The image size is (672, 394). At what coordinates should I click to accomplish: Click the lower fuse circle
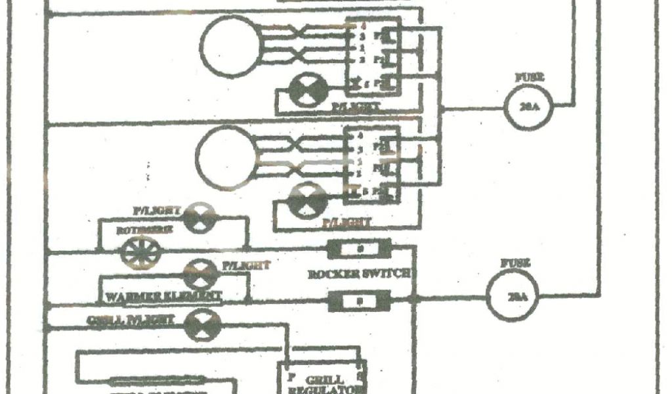[x=511, y=295]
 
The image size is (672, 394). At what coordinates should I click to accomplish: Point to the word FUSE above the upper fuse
[x=528, y=77]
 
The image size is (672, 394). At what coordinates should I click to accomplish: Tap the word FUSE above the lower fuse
[x=513, y=264]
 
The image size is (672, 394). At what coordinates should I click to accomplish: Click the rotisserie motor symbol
[x=138, y=252]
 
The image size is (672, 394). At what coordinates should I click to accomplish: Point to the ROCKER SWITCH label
[x=360, y=273]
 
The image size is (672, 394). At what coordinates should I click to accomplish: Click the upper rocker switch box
[x=359, y=249]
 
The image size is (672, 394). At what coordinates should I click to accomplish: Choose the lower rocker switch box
[x=359, y=301]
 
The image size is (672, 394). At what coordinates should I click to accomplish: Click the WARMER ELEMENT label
[x=163, y=296]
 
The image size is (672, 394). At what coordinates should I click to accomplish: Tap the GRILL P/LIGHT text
[x=130, y=320]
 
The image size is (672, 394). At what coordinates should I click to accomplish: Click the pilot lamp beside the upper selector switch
[x=308, y=89]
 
